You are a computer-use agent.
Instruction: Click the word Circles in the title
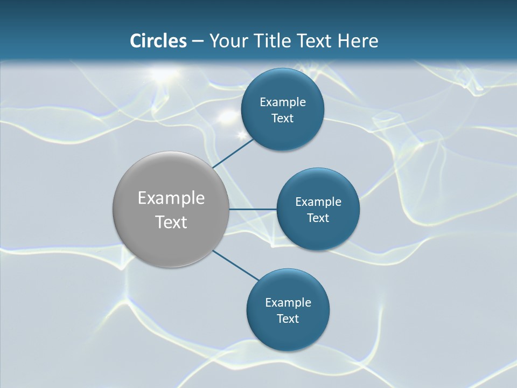pyautogui.click(x=158, y=41)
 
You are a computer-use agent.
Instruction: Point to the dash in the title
pyautogui.click(x=198, y=41)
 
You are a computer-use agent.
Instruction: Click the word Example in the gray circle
pyautogui.click(x=171, y=198)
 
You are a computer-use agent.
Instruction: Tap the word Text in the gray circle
pyautogui.click(x=171, y=222)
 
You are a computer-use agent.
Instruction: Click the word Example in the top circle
pyautogui.click(x=283, y=102)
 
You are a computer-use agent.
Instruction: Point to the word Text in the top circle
pyautogui.click(x=282, y=119)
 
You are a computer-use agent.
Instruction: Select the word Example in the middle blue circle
pyautogui.click(x=318, y=202)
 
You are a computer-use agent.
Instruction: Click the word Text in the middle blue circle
pyautogui.click(x=318, y=218)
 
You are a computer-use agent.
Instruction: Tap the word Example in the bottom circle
pyautogui.click(x=288, y=303)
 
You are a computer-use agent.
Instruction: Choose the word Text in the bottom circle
pyautogui.click(x=288, y=318)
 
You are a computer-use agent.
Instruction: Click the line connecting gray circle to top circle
pyautogui.click(x=233, y=153)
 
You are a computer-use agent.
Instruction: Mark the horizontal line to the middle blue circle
pyautogui.click(x=253, y=209)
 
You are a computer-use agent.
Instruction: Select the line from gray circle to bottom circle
pyautogui.click(x=236, y=265)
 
